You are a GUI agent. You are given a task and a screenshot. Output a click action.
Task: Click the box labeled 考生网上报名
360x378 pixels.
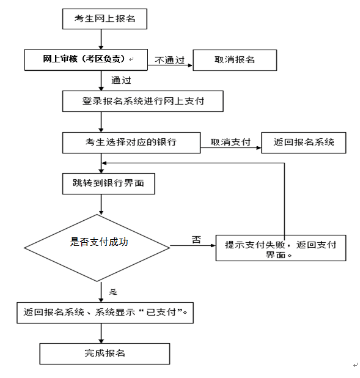105,19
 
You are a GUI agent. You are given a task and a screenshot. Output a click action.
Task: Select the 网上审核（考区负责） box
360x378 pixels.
86,60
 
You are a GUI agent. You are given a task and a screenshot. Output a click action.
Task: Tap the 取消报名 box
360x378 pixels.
235,61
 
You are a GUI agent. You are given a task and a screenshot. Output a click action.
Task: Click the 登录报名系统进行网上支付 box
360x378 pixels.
142,102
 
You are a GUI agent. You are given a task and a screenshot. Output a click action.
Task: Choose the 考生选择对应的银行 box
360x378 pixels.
131,143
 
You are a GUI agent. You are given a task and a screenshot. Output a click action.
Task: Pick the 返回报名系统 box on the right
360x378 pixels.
304,143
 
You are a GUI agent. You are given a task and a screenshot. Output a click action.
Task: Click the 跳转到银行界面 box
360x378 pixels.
108,183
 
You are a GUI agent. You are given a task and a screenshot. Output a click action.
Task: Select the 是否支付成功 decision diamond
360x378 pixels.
97,248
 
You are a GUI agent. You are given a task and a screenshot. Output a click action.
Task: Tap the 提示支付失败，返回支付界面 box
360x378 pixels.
281,248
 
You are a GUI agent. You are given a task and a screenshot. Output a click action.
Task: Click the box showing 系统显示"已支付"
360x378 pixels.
105,313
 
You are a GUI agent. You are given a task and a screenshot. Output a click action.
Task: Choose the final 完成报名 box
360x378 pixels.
105,354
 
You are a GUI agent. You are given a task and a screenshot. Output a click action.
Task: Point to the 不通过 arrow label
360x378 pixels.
170,60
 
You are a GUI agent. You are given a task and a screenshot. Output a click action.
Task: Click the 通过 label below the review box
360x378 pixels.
121,80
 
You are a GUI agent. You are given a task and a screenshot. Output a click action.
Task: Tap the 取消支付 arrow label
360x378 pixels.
230,142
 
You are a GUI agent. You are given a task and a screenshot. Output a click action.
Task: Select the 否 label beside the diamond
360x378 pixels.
196,240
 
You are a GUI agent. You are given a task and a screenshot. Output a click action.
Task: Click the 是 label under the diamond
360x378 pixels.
113,292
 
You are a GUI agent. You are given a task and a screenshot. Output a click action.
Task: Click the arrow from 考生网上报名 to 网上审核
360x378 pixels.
101,39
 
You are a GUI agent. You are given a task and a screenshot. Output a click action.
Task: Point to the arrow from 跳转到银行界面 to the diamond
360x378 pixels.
101,204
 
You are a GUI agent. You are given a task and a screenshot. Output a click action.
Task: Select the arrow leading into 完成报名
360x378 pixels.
101,333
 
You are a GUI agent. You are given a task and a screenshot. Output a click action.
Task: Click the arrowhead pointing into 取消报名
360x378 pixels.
190,65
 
